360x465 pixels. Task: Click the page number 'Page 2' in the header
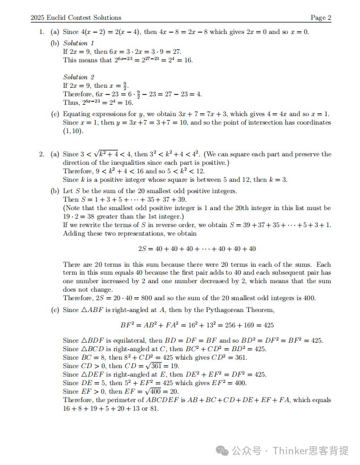click(321, 18)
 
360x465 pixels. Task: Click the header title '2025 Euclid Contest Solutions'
click(76, 18)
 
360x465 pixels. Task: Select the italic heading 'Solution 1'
click(79, 43)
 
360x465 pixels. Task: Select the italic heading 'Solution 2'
click(79, 77)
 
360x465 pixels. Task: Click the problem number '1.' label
click(41, 32)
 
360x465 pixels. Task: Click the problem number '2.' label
click(41, 154)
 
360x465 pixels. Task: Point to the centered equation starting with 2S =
click(197, 248)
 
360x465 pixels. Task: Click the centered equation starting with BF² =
click(197, 325)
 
